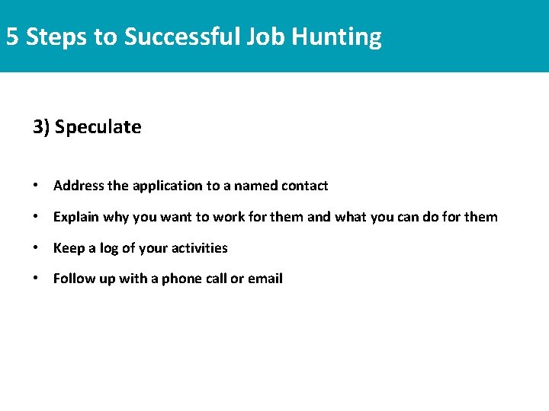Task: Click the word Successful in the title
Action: coord(181,37)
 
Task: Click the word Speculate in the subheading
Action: coord(98,127)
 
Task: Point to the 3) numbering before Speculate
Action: coord(41,127)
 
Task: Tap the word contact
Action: coord(304,186)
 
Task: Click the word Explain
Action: coord(76,217)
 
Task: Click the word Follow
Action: coord(73,279)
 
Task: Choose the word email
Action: coord(265,279)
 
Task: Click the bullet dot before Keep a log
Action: coord(37,248)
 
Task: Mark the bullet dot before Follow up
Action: coord(37,279)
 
